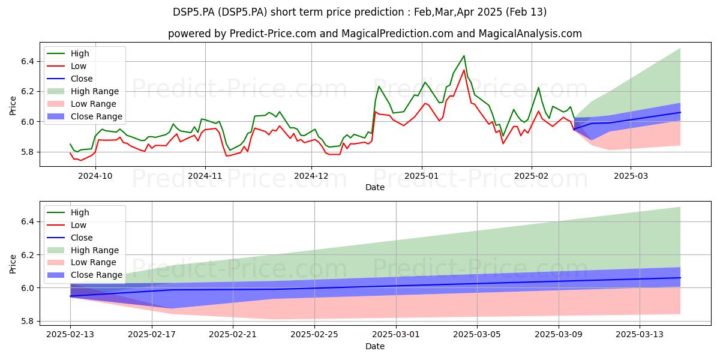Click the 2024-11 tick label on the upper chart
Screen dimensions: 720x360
coord(205,176)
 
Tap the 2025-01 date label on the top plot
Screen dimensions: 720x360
coord(422,176)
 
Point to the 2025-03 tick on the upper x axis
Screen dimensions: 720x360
coord(631,176)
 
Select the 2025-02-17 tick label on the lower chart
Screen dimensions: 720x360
coord(152,335)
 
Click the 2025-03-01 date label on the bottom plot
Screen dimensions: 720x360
coord(396,335)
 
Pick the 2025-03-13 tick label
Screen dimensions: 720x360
coord(640,335)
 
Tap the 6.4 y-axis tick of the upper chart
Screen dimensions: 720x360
coord(28,61)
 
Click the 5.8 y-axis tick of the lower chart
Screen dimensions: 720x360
coord(28,322)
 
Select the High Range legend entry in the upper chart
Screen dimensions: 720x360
coord(83,91)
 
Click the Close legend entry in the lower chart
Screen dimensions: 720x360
coord(70,238)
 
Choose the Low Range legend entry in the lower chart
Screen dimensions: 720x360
coord(82,263)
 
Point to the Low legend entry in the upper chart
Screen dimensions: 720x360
coord(67,66)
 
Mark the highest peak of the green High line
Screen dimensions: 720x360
coord(464,56)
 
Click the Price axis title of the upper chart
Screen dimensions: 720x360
coord(13,106)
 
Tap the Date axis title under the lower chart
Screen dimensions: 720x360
coord(375,346)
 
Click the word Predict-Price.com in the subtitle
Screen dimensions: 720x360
coord(273,34)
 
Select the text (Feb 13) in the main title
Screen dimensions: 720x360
coord(526,12)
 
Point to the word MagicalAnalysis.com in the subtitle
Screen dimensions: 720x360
coord(530,34)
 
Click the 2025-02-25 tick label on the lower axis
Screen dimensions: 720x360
coord(314,335)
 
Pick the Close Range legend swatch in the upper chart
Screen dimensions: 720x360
coord(56,116)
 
